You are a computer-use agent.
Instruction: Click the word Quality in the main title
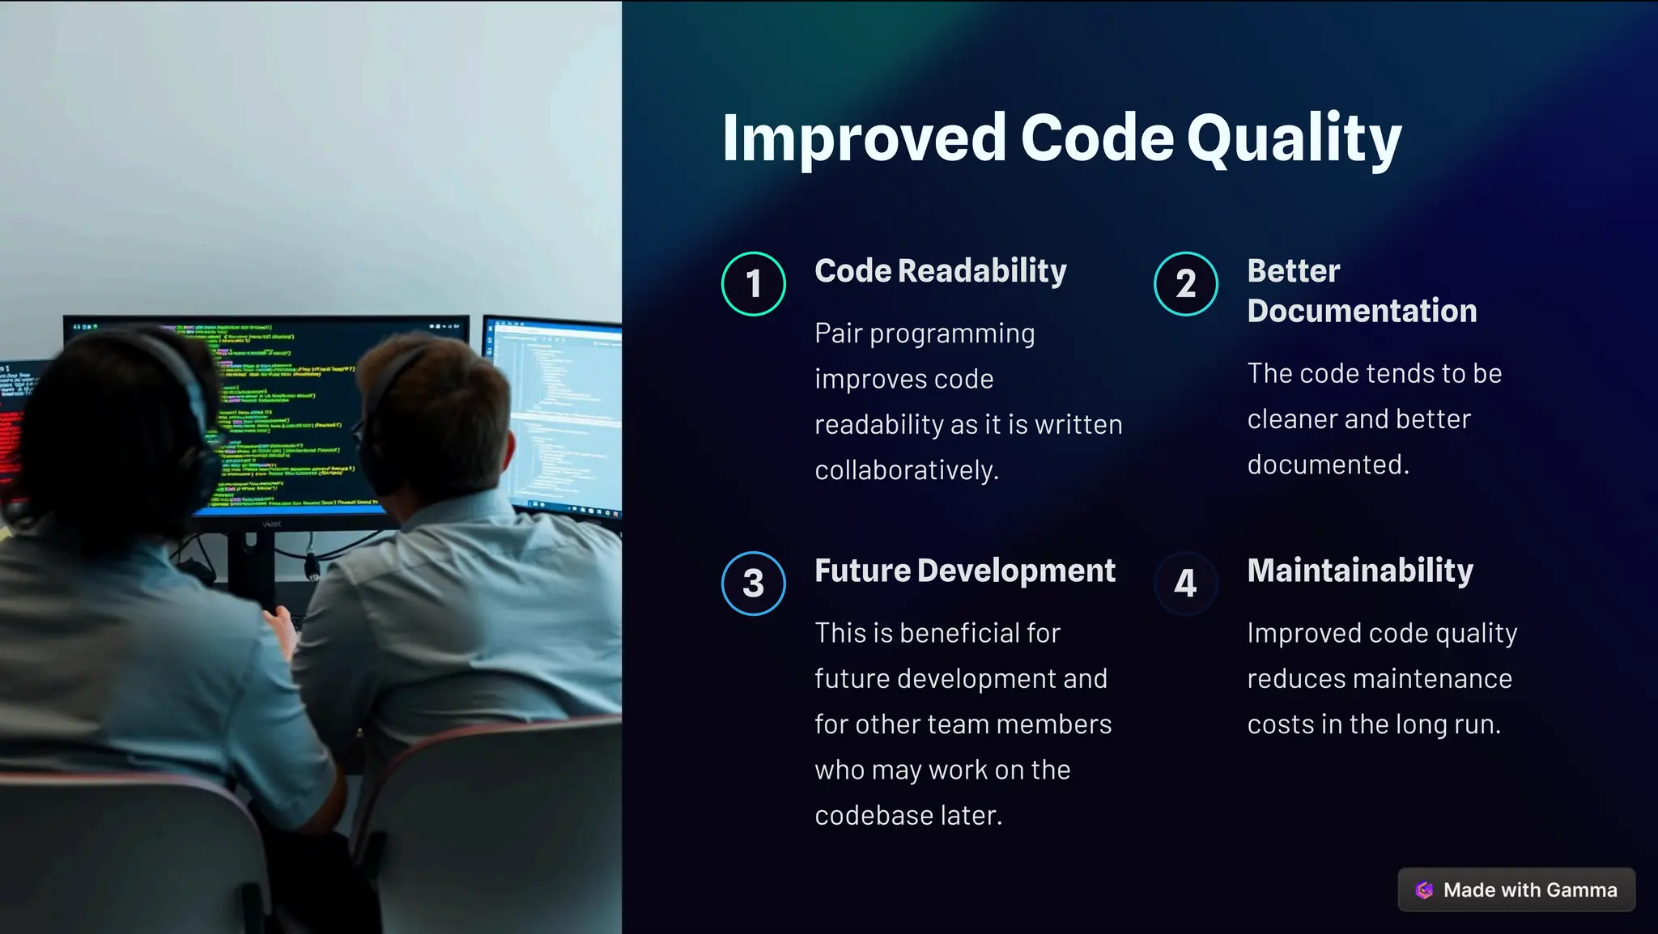pyautogui.click(x=1294, y=139)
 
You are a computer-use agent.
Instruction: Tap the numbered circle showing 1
pyautogui.click(x=753, y=284)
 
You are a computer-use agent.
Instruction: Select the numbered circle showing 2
pyautogui.click(x=1185, y=284)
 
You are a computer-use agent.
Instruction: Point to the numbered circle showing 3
pyautogui.click(x=753, y=584)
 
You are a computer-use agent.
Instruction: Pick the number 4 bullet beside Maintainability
pyautogui.click(x=1185, y=584)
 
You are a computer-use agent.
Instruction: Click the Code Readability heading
pyautogui.click(x=940, y=271)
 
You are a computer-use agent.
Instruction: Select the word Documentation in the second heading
pyautogui.click(x=1362, y=312)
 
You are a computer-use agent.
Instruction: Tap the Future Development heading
pyautogui.click(x=964, y=571)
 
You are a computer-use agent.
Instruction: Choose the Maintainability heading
pyautogui.click(x=1360, y=571)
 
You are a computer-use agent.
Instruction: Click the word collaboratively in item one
pyautogui.click(x=906, y=470)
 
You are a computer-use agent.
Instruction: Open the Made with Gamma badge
pyautogui.click(x=1516, y=890)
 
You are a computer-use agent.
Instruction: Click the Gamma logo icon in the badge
pyautogui.click(x=1424, y=890)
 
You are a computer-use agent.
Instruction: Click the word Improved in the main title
pyautogui.click(x=863, y=139)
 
